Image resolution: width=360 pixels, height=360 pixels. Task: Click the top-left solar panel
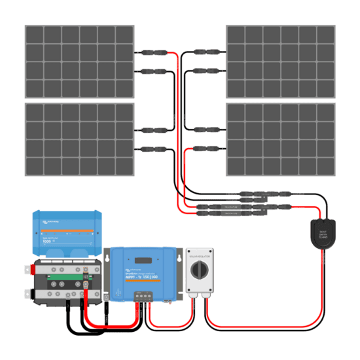(x=79, y=61)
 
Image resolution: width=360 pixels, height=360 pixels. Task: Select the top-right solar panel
(x=280, y=61)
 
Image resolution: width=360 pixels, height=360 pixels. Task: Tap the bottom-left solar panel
(x=79, y=139)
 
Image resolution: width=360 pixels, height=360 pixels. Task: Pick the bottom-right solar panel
(x=280, y=139)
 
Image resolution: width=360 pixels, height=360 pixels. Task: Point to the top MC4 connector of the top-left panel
(x=146, y=52)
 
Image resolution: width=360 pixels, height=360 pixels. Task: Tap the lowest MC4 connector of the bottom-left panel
(x=146, y=149)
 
